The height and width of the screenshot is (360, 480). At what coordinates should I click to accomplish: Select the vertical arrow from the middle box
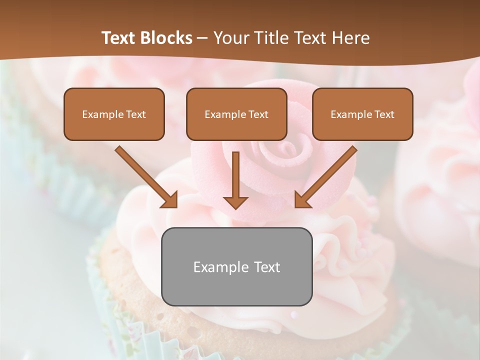[235, 175]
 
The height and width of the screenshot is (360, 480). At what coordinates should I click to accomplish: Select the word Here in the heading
[352, 38]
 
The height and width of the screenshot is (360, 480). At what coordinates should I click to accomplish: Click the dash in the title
[203, 38]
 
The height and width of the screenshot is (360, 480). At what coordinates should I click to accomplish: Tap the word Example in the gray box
[217, 267]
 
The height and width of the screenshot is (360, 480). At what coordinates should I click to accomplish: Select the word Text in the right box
[384, 114]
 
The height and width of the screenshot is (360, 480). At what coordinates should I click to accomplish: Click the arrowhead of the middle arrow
[235, 202]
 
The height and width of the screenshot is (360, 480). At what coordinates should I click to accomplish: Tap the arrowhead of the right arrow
[302, 199]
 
